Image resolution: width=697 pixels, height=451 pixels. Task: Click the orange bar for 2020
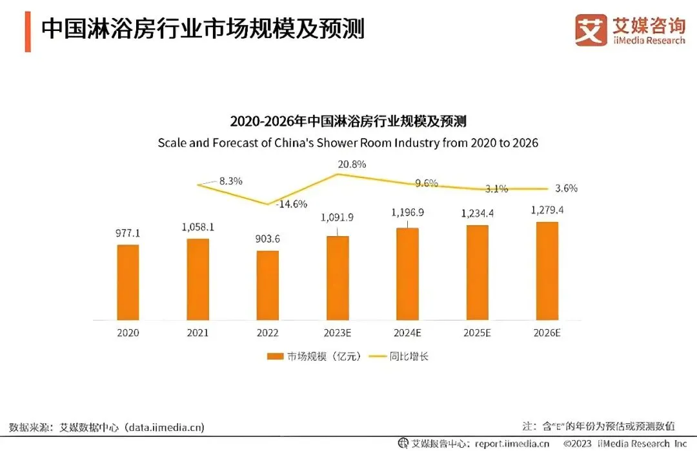(128, 282)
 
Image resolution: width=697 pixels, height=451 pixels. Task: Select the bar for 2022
(267, 285)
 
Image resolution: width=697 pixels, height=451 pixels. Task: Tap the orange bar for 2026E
(546, 271)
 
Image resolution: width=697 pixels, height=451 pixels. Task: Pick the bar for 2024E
(407, 274)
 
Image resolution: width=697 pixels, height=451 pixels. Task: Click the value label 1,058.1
(197, 227)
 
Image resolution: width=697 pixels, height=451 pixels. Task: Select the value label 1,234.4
(477, 214)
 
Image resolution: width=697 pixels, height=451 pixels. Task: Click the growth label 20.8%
(352, 164)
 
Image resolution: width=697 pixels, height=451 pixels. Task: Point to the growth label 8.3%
(230, 181)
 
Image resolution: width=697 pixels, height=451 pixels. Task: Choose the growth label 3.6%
(566, 188)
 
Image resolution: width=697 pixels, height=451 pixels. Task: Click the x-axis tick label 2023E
(337, 334)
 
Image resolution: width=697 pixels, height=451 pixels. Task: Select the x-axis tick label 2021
(197, 334)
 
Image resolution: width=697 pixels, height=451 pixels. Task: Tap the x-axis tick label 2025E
(477, 334)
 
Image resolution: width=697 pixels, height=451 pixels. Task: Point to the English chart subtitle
(348, 143)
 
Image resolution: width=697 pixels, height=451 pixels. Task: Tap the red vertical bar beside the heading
(28, 31)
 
